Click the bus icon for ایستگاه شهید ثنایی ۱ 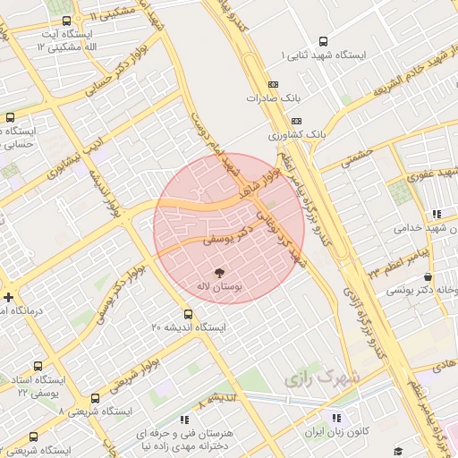pos(323,40)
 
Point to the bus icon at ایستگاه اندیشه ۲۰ pos(188,314)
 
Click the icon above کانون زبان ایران pos(335,418)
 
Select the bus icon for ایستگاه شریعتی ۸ pos(96,398)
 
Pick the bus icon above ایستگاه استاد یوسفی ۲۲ pos(38,365)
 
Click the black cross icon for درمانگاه pos(8,297)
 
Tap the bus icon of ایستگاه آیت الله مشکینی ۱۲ pos(67,20)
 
